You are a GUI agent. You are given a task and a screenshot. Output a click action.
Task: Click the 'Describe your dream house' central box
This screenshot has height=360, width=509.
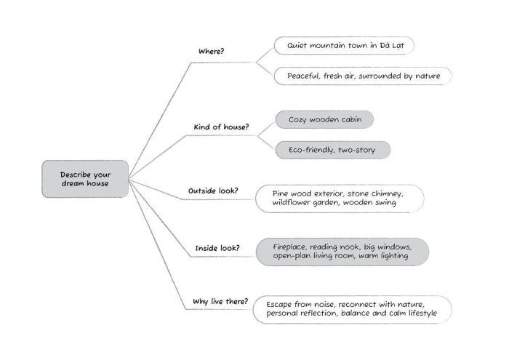point(85,179)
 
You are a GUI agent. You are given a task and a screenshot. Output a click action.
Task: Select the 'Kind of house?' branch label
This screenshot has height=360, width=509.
point(221,127)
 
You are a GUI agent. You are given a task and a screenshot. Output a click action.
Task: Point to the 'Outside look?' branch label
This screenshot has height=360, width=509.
point(213,191)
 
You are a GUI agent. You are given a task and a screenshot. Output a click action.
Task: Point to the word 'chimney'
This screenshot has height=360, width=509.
point(382,194)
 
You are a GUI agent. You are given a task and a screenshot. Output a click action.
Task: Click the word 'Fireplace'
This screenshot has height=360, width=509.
point(294,247)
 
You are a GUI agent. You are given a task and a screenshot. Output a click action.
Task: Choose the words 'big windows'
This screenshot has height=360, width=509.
point(389,247)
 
